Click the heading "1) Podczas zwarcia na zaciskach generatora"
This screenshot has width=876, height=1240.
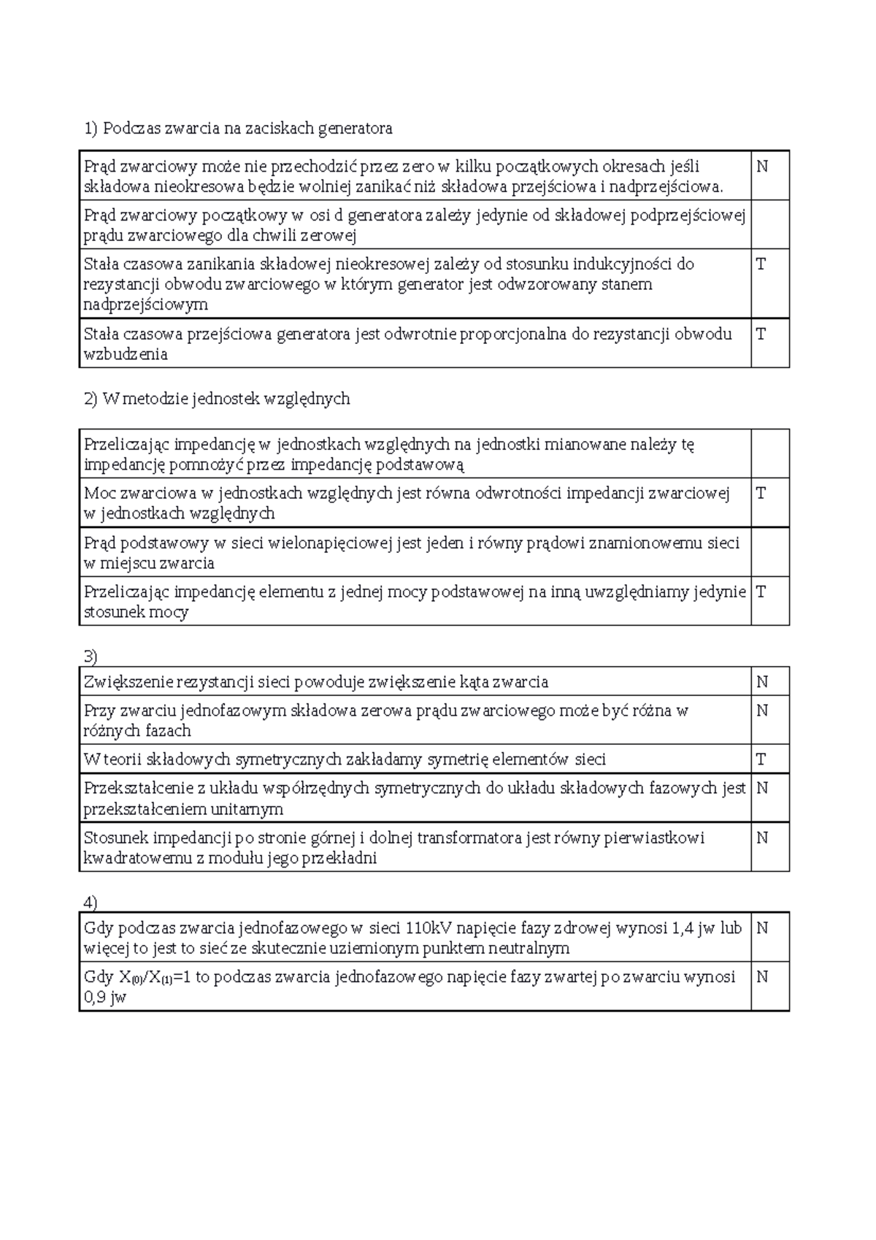238,129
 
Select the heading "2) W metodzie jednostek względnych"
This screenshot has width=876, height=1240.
217,399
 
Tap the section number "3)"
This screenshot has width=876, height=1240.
91,656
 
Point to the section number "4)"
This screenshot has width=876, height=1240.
91,903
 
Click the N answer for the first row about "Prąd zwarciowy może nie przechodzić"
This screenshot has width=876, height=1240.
761,167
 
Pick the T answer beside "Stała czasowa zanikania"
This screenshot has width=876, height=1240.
761,264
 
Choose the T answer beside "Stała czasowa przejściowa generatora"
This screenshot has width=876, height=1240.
761,334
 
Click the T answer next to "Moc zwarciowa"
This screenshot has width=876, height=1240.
761,493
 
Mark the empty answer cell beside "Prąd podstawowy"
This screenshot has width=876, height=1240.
769,552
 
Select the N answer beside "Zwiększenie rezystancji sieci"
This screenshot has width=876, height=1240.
761,682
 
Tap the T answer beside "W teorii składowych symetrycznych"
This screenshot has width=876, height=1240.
761,759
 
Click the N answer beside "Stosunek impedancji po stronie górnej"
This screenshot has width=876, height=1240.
761,838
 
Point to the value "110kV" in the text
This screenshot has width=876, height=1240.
433,928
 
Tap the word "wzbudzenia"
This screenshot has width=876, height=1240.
126,355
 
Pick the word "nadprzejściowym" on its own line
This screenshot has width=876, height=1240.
146,305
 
